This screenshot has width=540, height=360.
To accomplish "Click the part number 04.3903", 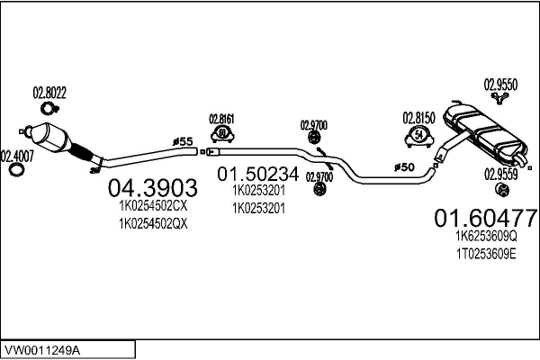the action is [x=153, y=188].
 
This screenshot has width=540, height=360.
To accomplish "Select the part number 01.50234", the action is [x=258, y=174].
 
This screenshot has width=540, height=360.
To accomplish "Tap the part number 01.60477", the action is [x=486, y=218].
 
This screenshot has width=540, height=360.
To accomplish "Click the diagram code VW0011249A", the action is [x=41, y=351].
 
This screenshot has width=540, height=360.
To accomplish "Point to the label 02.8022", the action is [x=49, y=93].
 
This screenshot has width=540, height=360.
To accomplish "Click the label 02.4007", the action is [x=17, y=157].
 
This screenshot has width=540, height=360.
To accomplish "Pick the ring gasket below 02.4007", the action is [x=16, y=170].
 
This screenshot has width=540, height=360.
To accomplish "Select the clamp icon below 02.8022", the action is [x=49, y=109].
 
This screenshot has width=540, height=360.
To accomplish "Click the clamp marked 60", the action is [x=222, y=134].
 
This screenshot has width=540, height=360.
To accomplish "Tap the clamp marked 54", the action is [x=418, y=136].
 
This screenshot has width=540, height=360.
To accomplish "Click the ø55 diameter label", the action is [x=183, y=141].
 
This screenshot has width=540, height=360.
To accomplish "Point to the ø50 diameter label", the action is [x=404, y=167].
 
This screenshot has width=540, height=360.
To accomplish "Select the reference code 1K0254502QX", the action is [x=153, y=224].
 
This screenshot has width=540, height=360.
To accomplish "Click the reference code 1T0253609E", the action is [x=486, y=254].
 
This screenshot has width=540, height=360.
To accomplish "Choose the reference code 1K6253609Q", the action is [x=486, y=236].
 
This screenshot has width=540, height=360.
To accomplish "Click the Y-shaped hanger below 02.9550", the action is [x=499, y=97].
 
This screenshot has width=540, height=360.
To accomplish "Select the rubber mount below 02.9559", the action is [x=502, y=190].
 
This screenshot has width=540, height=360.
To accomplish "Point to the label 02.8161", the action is [x=221, y=119].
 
